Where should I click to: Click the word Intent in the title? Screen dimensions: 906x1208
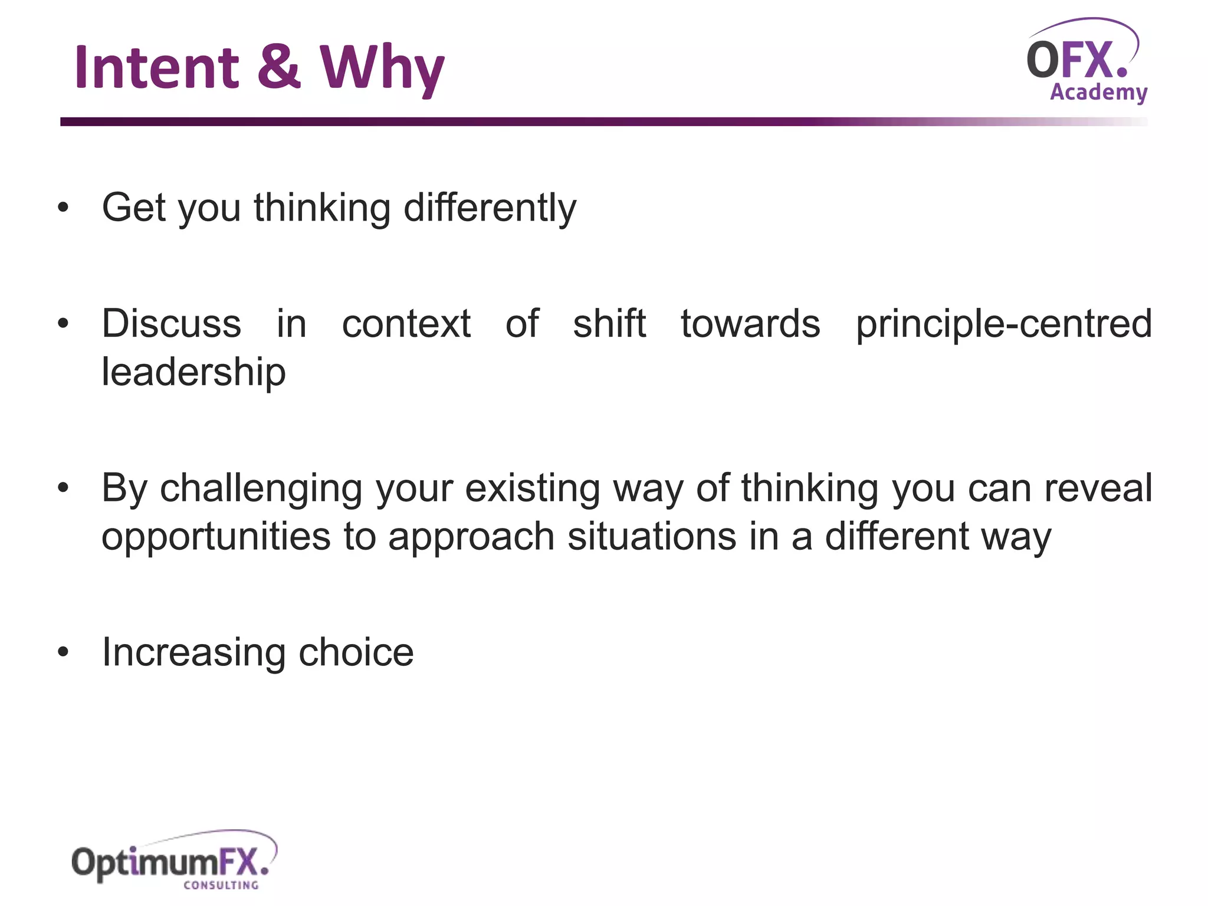tap(156, 68)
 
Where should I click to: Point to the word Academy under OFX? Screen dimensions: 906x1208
tap(1098, 93)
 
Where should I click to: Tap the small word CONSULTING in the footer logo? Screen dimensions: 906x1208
tap(221, 885)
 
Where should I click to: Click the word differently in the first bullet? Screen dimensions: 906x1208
tap(490, 208)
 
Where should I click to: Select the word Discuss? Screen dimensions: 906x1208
tap(171, 324)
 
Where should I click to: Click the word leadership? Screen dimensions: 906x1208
tap(193, 373)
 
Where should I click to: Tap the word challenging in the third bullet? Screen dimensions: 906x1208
tap(261, 489)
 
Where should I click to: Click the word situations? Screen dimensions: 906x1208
tap(651, 537)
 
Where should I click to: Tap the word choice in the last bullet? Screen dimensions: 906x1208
tap(356, 653)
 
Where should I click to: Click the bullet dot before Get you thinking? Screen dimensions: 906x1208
tap(63, 208)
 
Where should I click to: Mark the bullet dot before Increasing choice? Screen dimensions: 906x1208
tap(63, 652)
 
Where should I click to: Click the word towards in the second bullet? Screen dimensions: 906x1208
tap(750, 324)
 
